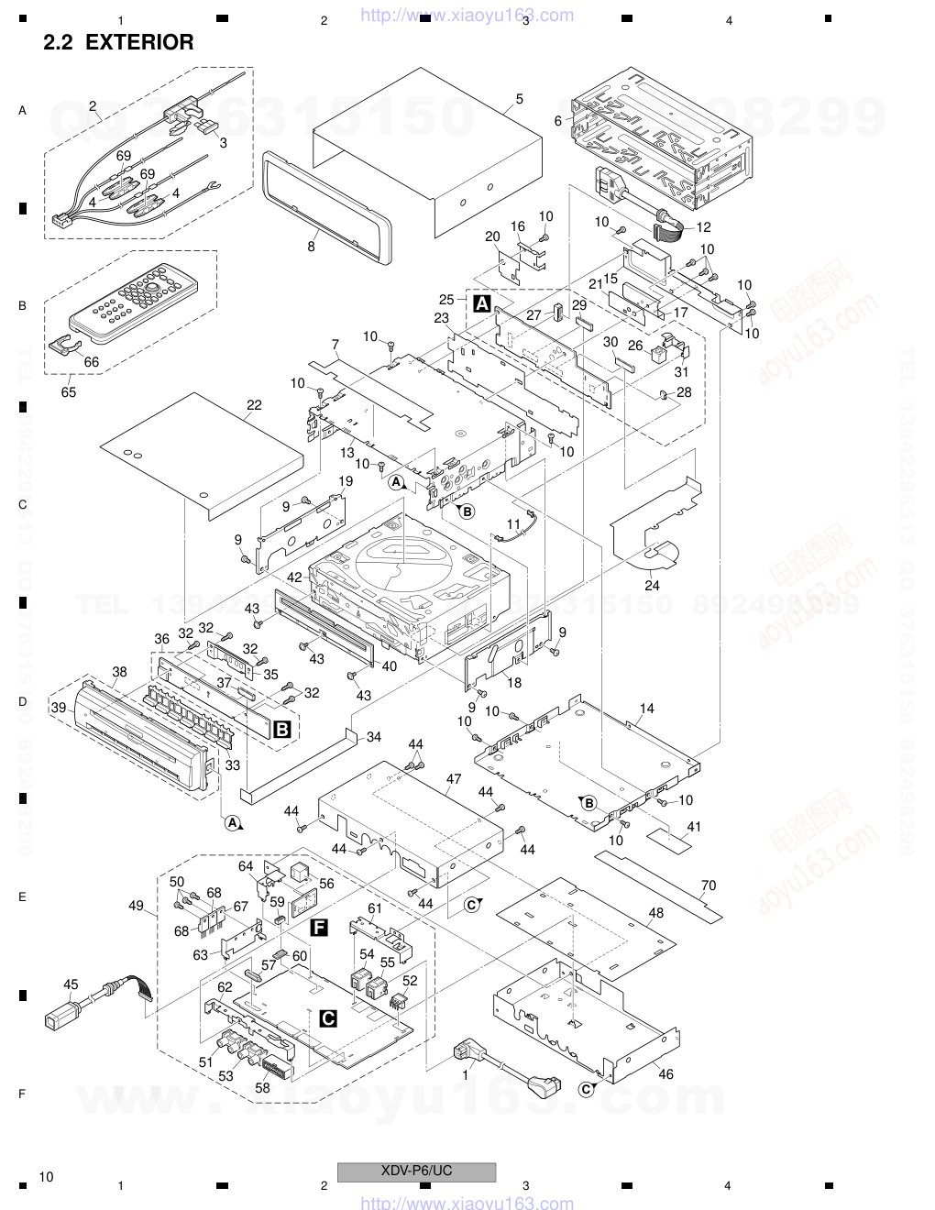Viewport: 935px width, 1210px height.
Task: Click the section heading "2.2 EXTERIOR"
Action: point(118,42)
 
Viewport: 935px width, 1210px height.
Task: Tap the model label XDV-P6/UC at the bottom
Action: point(416,1171)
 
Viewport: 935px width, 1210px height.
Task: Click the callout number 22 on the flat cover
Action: point(254,405)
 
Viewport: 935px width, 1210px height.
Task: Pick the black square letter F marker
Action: point(319,927)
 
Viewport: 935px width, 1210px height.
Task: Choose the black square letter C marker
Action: point(328,1017)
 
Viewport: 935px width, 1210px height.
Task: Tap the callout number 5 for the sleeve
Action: point(519,99)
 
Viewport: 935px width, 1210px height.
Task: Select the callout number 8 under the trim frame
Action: point(312,247)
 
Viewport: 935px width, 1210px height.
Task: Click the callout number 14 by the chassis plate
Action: point(647,708)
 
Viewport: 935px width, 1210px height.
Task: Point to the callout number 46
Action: point(665,1073)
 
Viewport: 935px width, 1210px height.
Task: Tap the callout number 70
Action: point(709,885)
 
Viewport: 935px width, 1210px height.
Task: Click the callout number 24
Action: point(652,585)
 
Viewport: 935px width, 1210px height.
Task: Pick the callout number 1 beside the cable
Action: point(465,1075)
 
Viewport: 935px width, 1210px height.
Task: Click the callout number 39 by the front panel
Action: point(59,708)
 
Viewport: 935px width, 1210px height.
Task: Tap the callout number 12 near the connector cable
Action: point(704,227)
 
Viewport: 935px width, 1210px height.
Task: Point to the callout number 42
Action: point(294,577)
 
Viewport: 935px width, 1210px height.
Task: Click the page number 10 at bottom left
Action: point(47,1176)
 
